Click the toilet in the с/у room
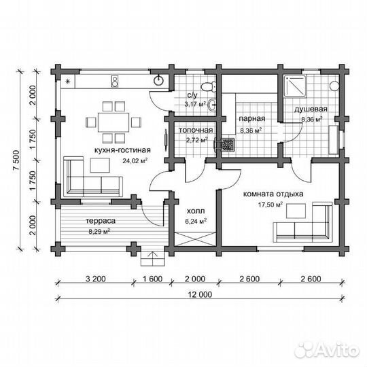[209, 86]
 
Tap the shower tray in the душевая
[295, 86]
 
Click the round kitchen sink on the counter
[158, 81]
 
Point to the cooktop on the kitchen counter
[115, 81]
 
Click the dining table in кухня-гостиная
[113, 122]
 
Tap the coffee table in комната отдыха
[296, 211]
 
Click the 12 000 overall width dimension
[200, 294]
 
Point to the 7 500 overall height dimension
[17, 160]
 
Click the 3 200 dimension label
[96, 279]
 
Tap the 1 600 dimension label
[152, 279]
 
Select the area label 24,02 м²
[135, 160]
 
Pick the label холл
[196, 211]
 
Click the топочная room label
[196, 130]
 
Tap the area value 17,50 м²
[270, 205]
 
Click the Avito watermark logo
[327, 350]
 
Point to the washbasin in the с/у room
[212, 104]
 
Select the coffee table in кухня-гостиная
[100, 165]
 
